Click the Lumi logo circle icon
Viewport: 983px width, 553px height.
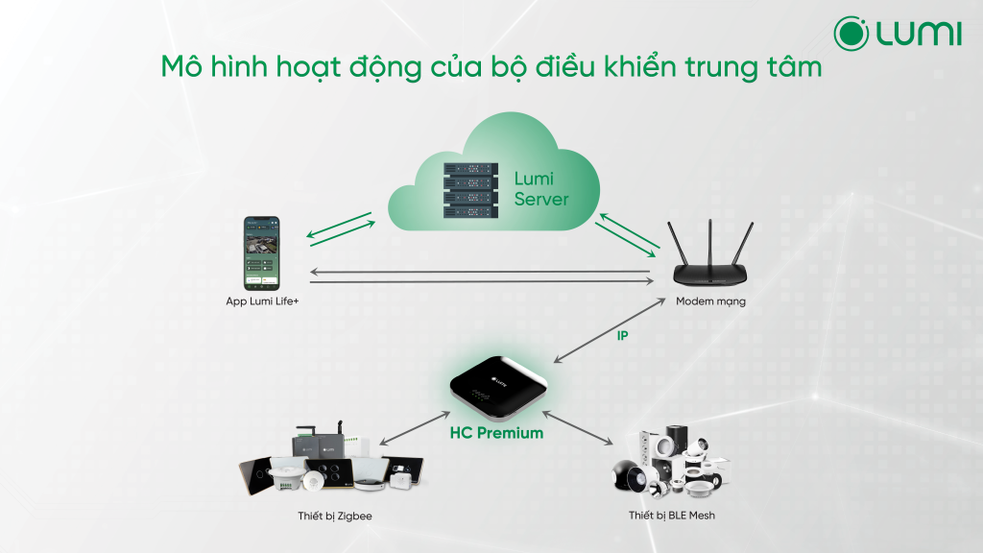(851, 33)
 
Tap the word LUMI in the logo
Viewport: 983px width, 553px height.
(918, 34)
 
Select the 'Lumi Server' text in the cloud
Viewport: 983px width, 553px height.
(540, 189)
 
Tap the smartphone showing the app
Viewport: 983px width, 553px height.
(259, 252)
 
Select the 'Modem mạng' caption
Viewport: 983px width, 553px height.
(710, 301)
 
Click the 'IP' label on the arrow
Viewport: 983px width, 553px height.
(622, 336)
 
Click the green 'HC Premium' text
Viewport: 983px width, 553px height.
(496, 434)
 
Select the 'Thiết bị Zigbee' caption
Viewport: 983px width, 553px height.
(334, 517)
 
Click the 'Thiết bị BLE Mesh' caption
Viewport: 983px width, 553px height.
(672, 517)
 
